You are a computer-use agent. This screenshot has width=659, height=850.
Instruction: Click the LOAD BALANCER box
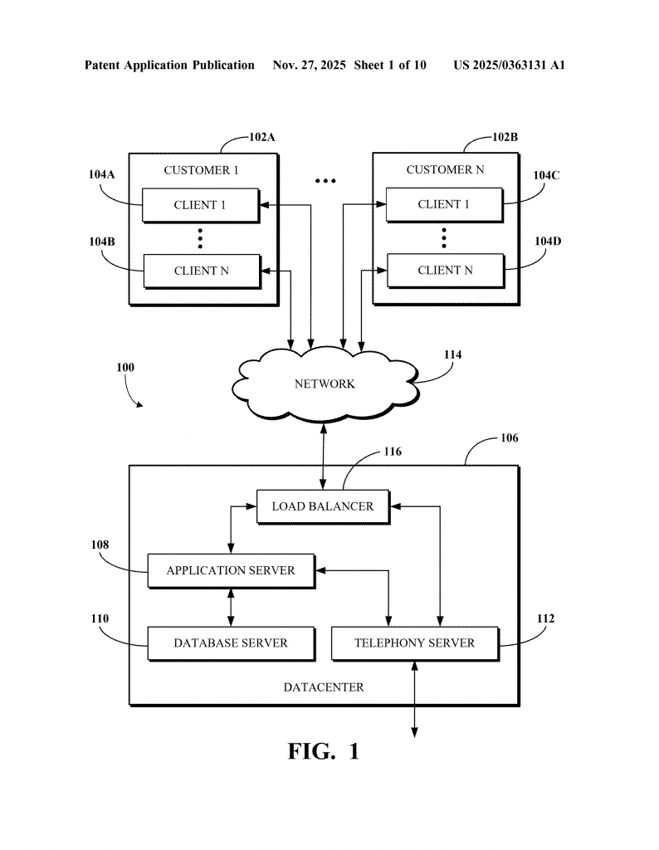[322, 506]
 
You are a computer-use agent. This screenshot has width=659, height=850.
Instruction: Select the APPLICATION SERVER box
[231, 571]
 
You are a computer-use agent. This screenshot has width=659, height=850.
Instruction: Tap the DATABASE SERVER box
[231, 643]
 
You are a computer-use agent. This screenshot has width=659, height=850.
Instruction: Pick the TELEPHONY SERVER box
[414, 643]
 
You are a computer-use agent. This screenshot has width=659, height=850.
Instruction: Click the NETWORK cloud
[325, 384]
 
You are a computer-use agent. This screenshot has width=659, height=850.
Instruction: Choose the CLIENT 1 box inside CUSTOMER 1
[200, 205]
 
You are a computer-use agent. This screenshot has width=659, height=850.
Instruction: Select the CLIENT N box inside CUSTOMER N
[445, 271]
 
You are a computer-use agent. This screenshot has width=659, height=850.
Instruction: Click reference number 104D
[547, 242]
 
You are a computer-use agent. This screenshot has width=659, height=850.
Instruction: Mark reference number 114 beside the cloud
[452, 354]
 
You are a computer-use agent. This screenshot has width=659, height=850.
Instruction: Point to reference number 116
[392, 452]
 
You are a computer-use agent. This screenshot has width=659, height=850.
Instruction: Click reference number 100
[124, 366]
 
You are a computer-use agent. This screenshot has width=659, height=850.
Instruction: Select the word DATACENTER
[324, 687]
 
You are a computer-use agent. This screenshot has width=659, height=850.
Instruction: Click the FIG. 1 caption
[324, 751]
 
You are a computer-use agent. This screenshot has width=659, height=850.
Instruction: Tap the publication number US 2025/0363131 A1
[509, 65]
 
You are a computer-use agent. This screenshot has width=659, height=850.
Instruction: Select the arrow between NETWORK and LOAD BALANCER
[324, 455]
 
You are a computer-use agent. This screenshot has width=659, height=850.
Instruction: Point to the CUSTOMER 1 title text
[201, 170]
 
